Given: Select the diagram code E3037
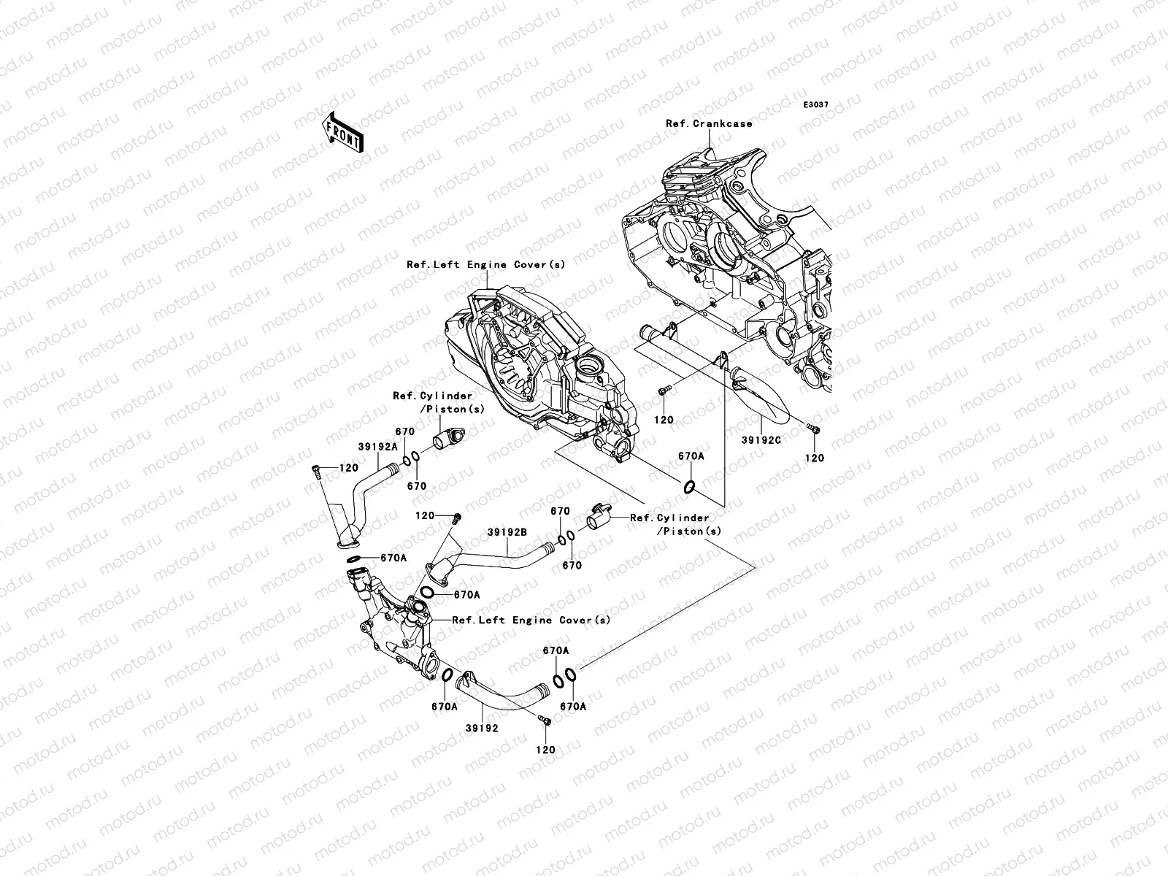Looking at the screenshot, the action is [815, 105].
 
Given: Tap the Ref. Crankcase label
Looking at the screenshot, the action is [710, 123].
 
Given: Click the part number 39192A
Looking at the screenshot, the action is [378, 447].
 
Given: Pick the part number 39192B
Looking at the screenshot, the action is [507, 532].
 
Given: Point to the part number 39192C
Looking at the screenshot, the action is [761, 440].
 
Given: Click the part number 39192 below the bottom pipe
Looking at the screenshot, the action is [482, 728].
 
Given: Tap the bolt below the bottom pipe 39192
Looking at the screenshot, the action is [545, 721].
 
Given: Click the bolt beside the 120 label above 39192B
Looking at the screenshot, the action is [456, 518].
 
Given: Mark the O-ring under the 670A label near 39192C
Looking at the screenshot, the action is [689, 486].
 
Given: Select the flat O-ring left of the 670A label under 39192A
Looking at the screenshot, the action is [354, 558].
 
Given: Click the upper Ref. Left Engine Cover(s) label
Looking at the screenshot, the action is [486, 264].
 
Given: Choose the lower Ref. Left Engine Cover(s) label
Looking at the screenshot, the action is [531, 620].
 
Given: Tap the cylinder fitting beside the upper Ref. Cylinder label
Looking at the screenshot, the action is [448, 438].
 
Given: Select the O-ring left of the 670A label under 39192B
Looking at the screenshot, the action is [427, 593].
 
